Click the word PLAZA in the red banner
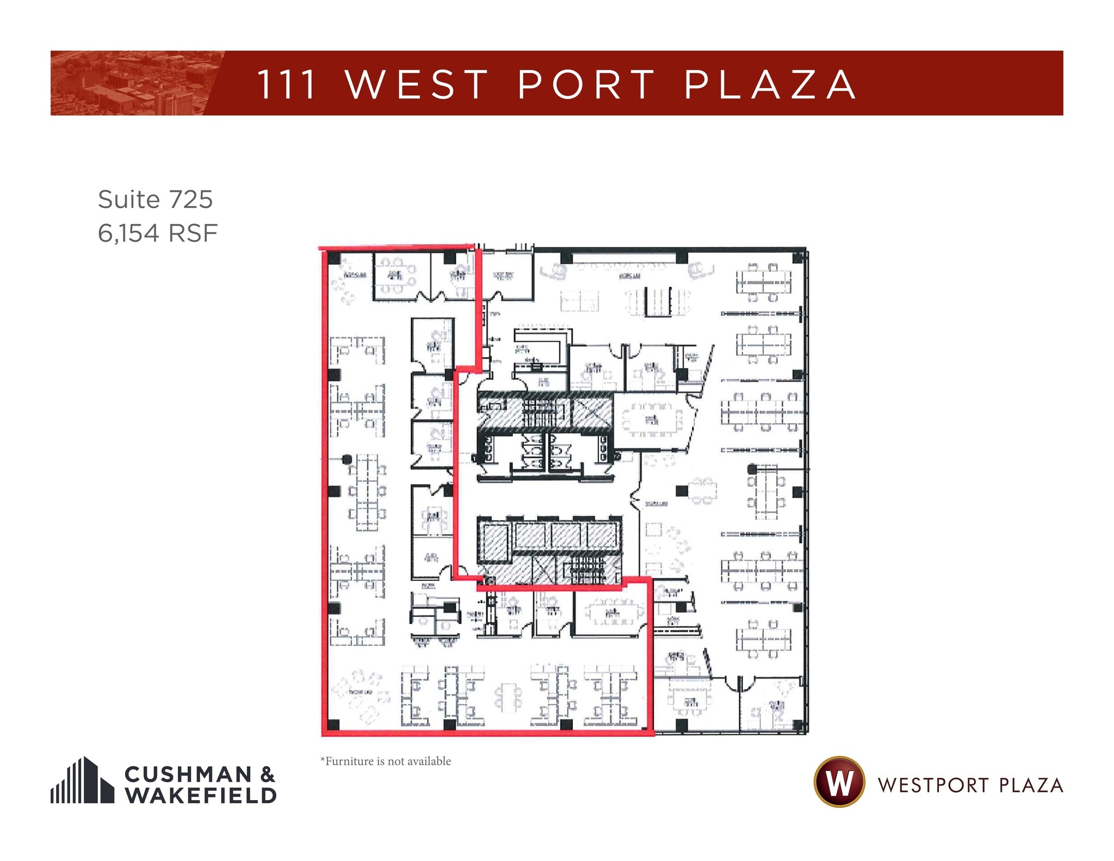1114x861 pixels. pyautogui.click(x=770, y=85)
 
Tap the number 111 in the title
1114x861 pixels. pyautogui.click(x=287, y=85)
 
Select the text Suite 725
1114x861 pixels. pyautogui.click(x=155, y=199)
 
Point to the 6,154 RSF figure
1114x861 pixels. pyautogui.click(x=158, y=233)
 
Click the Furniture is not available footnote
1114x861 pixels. pyautogui.click(x=386, y=761)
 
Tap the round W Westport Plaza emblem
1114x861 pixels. pyautogui.click(x=839, y=782)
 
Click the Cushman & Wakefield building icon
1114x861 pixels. pyautogui.click(x=82, y=781)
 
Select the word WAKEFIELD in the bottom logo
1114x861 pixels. pyautogui.click(x=201, y=795)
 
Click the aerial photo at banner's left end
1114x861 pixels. pyautogui.click(x=131, y=83)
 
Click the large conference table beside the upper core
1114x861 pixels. pyautogui.click(x=651, y=419)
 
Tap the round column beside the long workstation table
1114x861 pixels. pyautogui.click(x=347, y=460)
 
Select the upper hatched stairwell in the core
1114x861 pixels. pyautogui.click(x=539, y=412)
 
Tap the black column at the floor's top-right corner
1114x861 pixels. pyautogui.click(x=798, y=257)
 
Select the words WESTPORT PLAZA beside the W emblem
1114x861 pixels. pyautogui.click(x=970, y=785)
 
